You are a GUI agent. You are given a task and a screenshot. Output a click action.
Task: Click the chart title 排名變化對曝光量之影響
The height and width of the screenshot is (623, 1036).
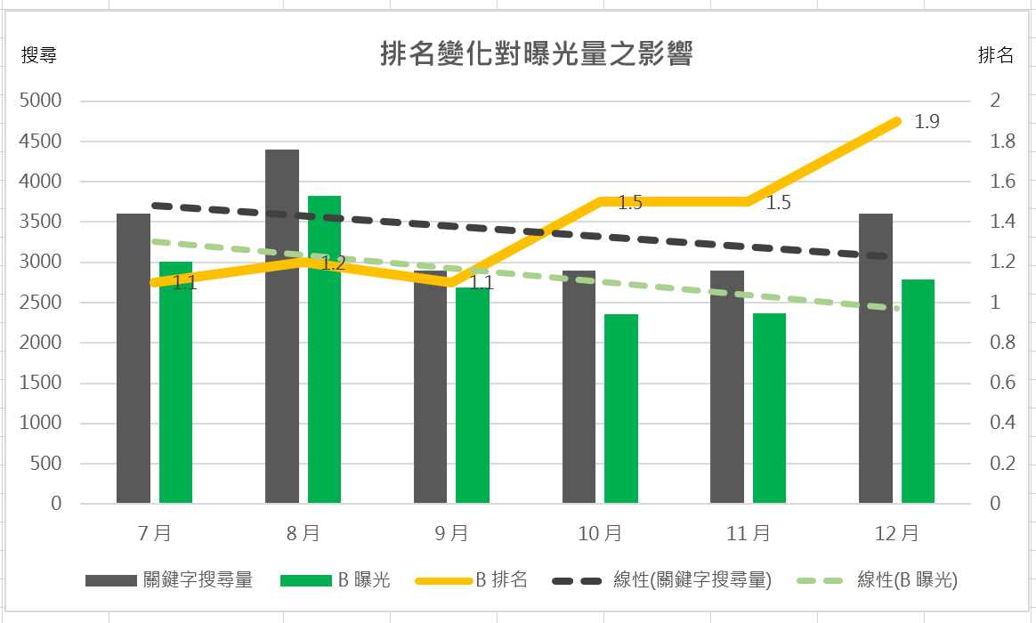[536, 55]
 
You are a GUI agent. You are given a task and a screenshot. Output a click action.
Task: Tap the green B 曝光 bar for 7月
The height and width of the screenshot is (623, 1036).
[176, 400]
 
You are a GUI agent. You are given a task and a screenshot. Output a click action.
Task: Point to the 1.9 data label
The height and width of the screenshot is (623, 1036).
[927, 122]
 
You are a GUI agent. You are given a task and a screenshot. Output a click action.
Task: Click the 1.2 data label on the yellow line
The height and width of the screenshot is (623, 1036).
[333, 263]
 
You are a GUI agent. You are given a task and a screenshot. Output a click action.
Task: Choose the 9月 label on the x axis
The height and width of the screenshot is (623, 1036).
[451, 533]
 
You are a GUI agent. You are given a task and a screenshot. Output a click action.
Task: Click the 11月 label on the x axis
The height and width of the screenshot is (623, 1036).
[749, 533]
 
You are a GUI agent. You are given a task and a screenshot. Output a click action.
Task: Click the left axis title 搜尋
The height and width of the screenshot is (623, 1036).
[39, 55]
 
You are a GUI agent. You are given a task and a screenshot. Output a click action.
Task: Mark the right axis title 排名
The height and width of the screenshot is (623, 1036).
[996, 55]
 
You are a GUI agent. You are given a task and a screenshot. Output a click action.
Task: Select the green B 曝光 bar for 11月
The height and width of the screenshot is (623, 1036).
[769, 409]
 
